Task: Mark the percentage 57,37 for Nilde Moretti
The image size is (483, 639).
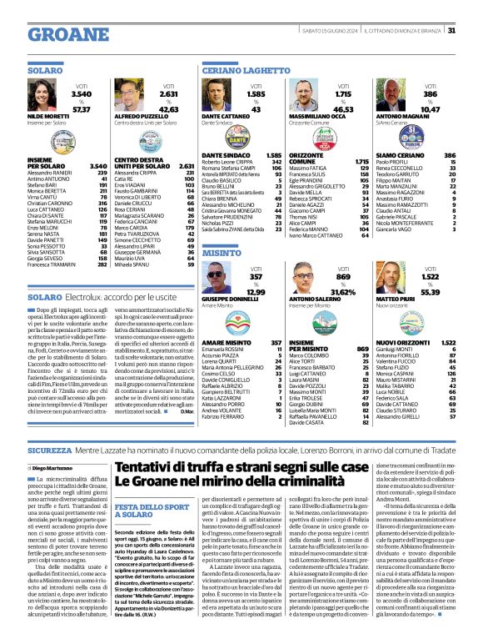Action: point(81,109)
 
